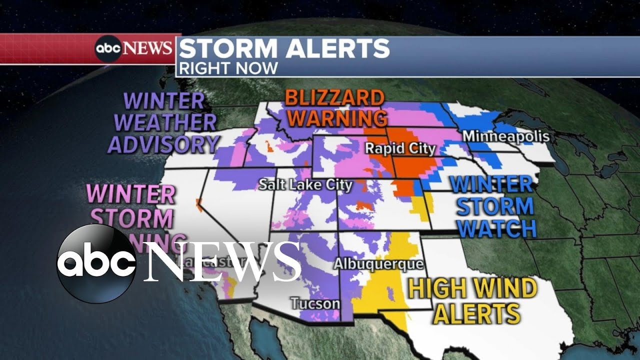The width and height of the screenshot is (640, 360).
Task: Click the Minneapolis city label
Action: pos(505,136)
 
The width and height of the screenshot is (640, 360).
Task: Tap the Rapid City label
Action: pos(400,148)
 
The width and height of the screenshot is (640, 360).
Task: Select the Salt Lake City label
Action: pos(305,185)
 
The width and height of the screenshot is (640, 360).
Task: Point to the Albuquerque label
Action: pos(378,263)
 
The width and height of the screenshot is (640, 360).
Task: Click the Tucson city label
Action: pos(315,303)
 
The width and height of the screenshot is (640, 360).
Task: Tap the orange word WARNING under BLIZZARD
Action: pos(338,119)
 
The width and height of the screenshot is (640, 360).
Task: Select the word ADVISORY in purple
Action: pos(163,144)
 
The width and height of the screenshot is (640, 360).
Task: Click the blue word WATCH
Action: pos(497,228)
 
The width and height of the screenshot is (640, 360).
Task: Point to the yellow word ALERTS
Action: pos(476,313)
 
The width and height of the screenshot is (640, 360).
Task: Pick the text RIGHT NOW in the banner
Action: pos(228,68)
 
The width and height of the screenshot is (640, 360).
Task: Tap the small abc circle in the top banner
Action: pos(109,48)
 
